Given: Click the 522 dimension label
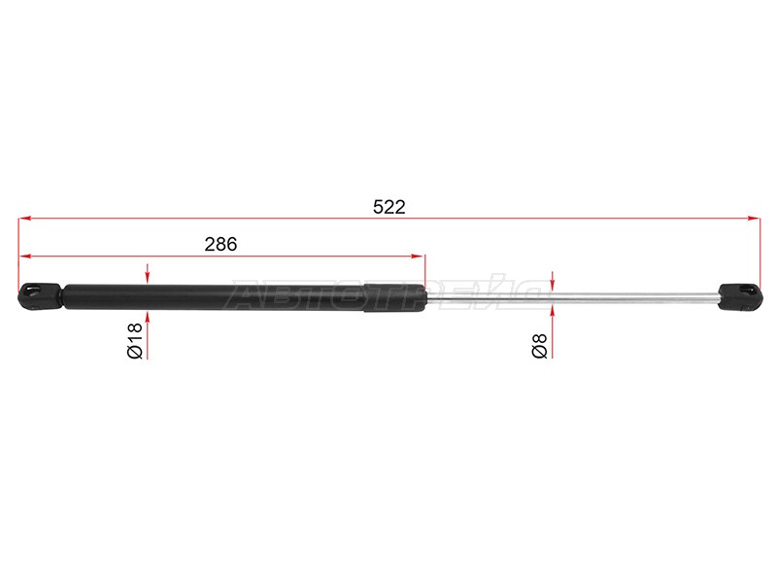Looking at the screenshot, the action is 389,207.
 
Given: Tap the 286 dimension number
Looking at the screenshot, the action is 220,245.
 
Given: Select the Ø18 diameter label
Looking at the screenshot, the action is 134,341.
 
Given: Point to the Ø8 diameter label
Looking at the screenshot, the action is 539,346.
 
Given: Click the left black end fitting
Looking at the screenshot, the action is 40,296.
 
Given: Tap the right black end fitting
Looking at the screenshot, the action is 740,297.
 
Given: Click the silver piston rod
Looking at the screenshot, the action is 572,297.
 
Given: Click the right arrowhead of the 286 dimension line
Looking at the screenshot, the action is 418,257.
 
